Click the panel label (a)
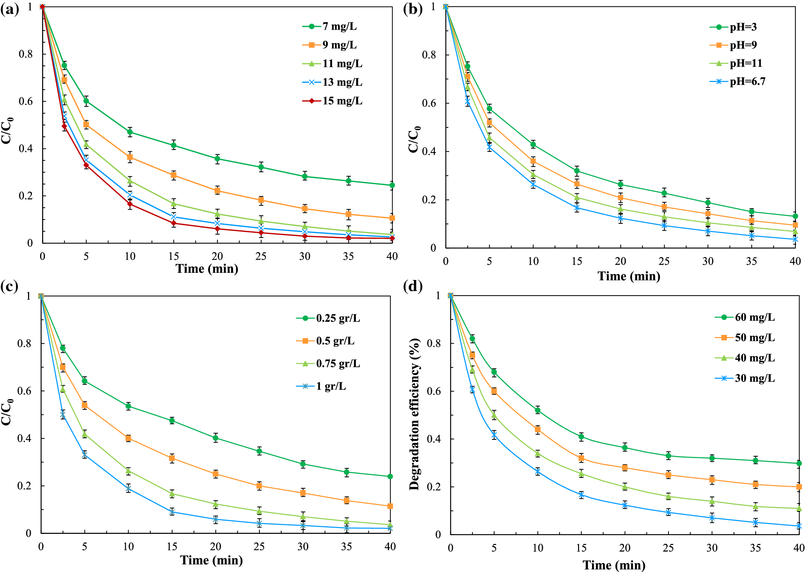pyautogui.click(x=9, y=9)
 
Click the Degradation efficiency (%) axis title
pyautogui.click(x=414, y=415)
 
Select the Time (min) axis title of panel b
pyautogui.click(x=628, y=276)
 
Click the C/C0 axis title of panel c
pyautogui.click(x=7, y=413)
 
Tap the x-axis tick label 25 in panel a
pyautogui.click(x=261, y=256)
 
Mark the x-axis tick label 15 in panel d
pyautogui.click(x=581, y=548)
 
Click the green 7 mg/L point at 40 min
pyautogui.click(x=392, y=185)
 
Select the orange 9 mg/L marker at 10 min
pyautogui.click(x=130, y=157)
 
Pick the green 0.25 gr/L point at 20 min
pyautogui.click(x=215, y=438)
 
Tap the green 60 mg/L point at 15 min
pyautogui.click(x=581, y=437)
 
